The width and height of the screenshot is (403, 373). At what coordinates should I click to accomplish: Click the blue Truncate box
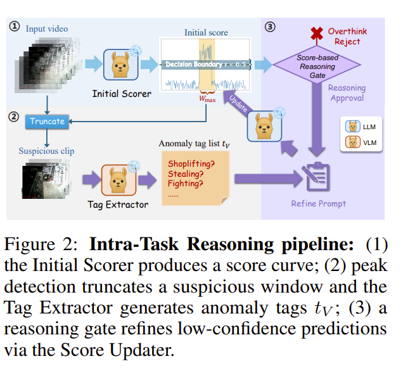point(48,121)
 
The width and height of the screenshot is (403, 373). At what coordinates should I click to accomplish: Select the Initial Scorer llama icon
point(121,66)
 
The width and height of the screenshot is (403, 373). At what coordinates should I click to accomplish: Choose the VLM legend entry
point(361,143)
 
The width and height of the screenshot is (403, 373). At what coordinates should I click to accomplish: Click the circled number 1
point(13,28)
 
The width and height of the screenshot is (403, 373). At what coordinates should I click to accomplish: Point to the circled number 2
point(13,115)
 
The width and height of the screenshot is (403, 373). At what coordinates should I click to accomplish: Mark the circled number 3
point(271,27)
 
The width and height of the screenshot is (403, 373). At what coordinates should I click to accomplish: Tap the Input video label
point(46,28)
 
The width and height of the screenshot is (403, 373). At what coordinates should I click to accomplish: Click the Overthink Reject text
point(347,37)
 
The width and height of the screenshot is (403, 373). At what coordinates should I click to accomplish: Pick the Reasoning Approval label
point(347,93)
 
